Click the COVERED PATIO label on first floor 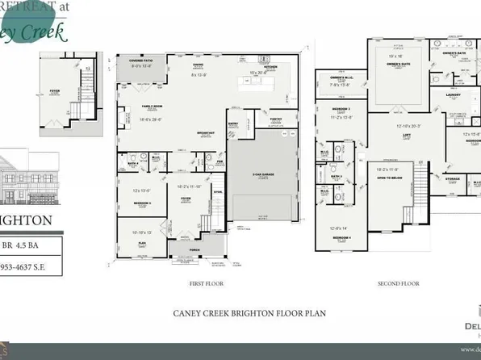pos(139,61)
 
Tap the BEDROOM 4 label pos(343,238)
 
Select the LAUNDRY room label pos(452,94)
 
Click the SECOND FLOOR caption pos(399,283)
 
